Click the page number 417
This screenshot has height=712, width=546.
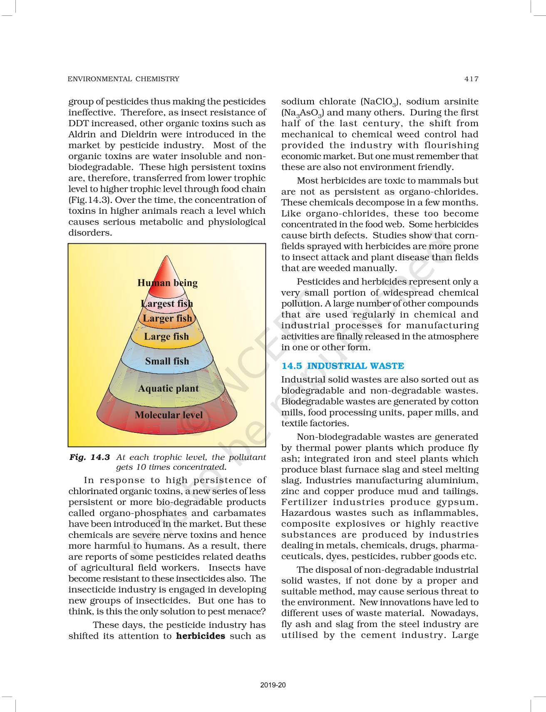pos(472,79)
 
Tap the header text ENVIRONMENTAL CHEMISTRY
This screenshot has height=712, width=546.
pos(124,79)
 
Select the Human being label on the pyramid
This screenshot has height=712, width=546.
pos(167,283)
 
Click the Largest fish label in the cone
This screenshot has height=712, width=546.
pos(167,303)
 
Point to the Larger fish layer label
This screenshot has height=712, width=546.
pos(167,318)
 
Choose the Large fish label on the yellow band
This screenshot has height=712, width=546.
pos(166,336)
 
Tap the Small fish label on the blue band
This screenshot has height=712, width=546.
pos(167,361)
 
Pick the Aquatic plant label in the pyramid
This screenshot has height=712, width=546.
pos(168,388)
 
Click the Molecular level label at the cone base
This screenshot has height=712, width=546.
pos(169,415)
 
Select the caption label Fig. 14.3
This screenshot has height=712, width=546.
pos(89,457)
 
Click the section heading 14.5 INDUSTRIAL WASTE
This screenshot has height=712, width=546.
pos(342,366)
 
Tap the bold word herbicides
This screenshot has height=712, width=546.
pos(201,636)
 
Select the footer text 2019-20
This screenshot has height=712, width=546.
pos(273,685)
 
